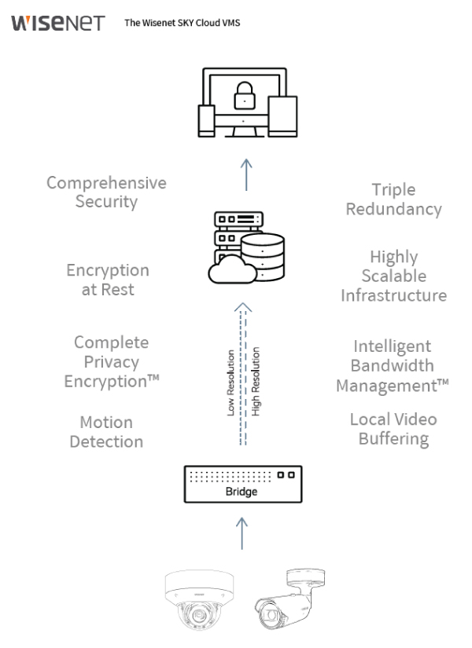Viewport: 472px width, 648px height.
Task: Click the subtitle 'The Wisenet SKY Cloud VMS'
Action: (183, 23)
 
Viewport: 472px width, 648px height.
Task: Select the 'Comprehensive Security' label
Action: (106, 192)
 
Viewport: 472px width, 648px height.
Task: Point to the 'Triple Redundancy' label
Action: (394, 200)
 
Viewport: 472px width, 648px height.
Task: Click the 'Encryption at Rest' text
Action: (107, 280)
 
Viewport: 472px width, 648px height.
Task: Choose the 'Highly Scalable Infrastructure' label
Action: (393, 276)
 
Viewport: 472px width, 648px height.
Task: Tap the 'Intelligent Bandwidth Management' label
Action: (393, 365)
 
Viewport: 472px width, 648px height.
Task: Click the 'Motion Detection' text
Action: (106, 432)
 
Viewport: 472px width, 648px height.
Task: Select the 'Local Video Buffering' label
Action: (393, 429)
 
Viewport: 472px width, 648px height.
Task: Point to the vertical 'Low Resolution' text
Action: (230, 383)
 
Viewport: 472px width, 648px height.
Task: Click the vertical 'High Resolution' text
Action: (256, 383)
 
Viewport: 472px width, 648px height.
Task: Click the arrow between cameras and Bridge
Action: (242, 532)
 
